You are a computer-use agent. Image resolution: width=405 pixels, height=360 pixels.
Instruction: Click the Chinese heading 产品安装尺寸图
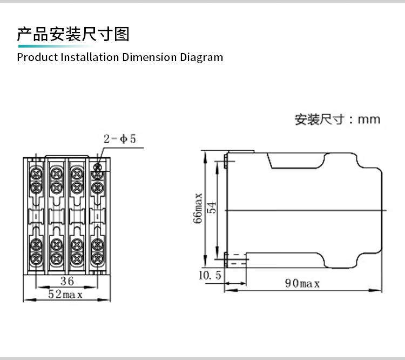click(x=73, y=34)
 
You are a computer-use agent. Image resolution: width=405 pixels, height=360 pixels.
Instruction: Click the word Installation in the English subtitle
click(x=90, y=57)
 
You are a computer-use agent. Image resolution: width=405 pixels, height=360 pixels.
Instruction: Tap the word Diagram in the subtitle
click(x=201, y=57)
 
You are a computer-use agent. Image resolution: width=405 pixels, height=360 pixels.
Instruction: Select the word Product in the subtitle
click(x=37, y=57)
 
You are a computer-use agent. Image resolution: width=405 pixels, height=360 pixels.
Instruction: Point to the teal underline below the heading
click(x=56, y=46)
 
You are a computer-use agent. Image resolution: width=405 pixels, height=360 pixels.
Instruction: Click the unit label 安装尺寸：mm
click(x=337, y=119)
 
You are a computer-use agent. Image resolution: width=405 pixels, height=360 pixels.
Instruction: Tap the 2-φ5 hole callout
click(x=119, y=139)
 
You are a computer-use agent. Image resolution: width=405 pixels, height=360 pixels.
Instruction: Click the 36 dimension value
click(x=67, y=281)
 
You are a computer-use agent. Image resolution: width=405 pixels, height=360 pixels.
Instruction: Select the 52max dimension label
click(x=65, y=294)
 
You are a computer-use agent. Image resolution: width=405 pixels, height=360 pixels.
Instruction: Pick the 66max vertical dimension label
click(x=198, y=208)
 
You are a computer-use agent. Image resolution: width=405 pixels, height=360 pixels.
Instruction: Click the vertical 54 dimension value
click(x=212, y=208)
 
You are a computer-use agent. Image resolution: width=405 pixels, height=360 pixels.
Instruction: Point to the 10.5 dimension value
click(x=210, y=275)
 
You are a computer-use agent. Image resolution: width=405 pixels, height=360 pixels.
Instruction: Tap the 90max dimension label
click(x=302, y=283)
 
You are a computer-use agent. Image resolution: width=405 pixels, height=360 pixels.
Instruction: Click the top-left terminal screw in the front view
click(x=36, y=174)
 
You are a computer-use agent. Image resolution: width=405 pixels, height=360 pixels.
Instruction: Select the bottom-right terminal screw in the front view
click(x=97, y=258)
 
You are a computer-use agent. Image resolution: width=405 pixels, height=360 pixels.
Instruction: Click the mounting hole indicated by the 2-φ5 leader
click(x=97, y=167)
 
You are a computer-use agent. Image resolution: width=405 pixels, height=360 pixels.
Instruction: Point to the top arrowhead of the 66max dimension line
click(x=205, y=157)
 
